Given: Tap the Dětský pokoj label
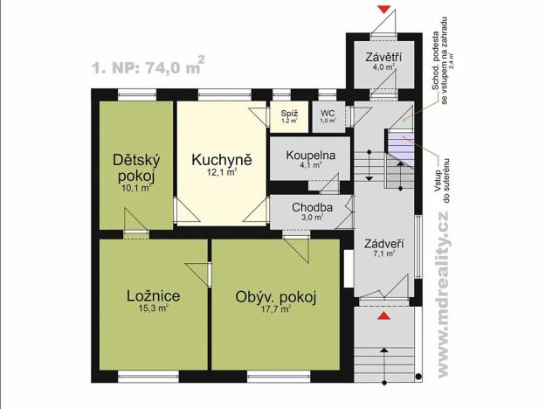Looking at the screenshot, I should click(x=135, y=168).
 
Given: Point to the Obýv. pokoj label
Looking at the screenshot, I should click(x=275, y=297).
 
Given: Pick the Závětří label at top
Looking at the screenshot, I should click(x=381, y=58).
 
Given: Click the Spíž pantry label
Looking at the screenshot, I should click(x=287, y=114).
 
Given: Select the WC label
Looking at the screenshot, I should click(x=328, y=114).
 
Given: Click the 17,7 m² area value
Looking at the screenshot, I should click(x=276, y=309).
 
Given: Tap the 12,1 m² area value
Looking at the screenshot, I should click(x=223, y=173).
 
